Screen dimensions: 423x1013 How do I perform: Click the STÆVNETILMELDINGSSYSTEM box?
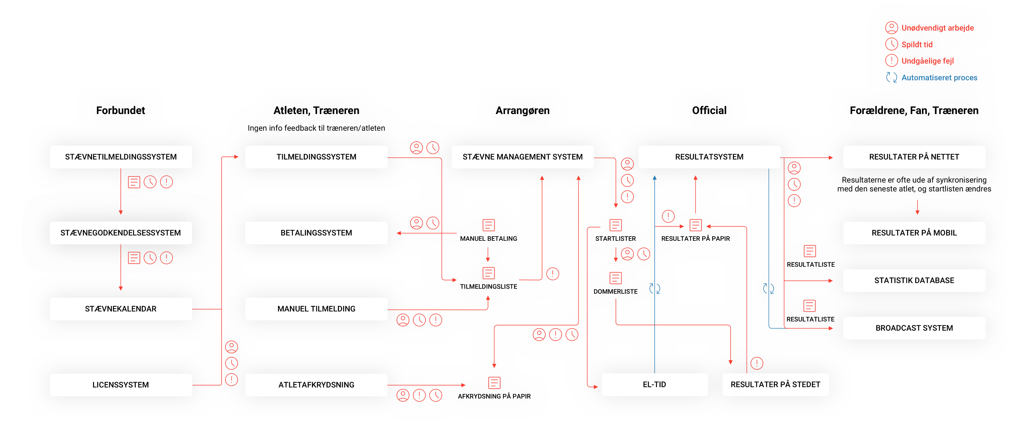[121, 157]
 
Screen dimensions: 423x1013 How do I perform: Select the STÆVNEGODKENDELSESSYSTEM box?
[121, 233]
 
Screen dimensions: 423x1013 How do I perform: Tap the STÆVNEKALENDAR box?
[121, 309]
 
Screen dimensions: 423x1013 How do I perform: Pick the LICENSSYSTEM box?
[121, 385]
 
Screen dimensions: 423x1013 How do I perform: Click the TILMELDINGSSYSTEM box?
[316, 157]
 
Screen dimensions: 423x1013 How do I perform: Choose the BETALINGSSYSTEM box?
[316, 233]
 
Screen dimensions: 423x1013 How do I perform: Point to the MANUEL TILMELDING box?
[316, 309]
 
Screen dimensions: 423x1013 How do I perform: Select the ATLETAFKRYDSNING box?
[316, 385]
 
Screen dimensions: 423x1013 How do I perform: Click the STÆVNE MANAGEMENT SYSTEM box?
[522, 157]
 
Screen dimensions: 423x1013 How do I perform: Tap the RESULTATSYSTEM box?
[709, 157]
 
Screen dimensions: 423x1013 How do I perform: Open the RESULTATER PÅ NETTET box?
[914, 157]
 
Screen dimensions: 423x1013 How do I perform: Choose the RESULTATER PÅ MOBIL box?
[914, 233]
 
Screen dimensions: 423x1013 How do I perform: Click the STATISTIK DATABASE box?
[914, 281]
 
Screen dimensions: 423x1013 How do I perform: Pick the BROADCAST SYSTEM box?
[914, 328]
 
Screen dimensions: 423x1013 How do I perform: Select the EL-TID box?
[654, 384]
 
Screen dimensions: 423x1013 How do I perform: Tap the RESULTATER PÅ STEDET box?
[775, 384]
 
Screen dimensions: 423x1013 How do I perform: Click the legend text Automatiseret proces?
[939, 78]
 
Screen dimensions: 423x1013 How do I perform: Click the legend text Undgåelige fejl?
[927, 61]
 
